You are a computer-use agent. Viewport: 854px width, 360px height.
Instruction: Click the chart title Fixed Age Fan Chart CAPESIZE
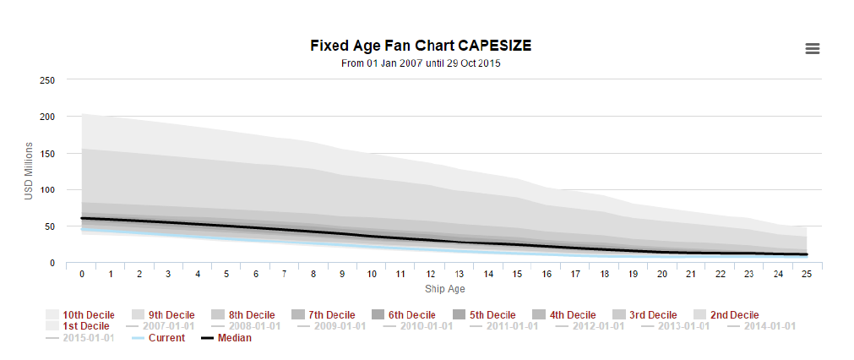(x=420, y=45)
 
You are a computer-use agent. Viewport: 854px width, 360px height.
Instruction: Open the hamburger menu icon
(x=813, y=49)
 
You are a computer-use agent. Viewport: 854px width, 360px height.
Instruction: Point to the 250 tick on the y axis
(x=47, y=80)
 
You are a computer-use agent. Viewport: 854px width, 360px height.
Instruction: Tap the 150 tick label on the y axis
(x=47, y=154)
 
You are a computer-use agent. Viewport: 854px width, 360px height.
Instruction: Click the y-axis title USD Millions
(x=28, y=172)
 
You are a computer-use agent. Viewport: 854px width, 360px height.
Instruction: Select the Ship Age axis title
(x=445, y=290)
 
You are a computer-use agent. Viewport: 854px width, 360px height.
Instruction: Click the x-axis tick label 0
(x=82, y=275)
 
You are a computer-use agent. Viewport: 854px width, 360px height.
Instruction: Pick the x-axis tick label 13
(x=459, y=275)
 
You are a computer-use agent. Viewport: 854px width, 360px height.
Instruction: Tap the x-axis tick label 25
(x=807, y=275)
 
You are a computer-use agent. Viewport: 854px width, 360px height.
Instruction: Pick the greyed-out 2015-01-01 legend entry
(x=83, y=338)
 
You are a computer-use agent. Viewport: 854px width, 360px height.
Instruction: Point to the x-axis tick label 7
(x=285, y=275)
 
